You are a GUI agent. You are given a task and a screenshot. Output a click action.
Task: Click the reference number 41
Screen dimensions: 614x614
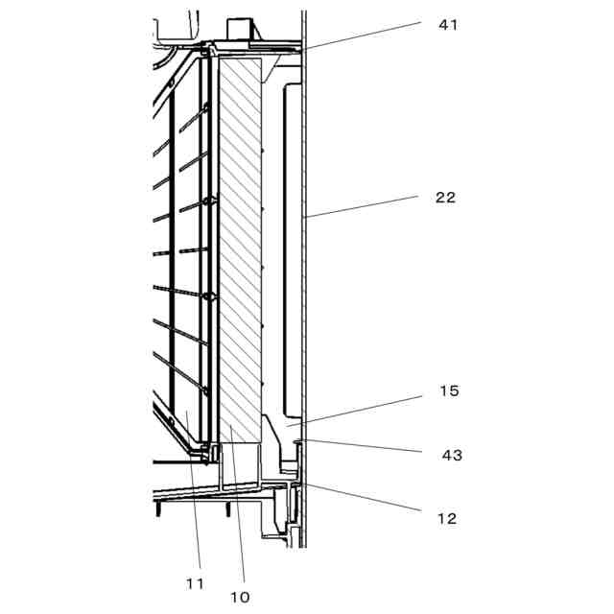[x=447, y=24]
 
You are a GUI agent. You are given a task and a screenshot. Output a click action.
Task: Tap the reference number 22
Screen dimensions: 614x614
[x=444, y=198]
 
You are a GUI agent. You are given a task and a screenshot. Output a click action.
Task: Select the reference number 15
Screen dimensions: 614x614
[x=448, y=391]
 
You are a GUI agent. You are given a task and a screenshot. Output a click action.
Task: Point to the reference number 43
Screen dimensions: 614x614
[x=451, y=455]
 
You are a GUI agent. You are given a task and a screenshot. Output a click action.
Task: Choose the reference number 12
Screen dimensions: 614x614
[x=446, y=519]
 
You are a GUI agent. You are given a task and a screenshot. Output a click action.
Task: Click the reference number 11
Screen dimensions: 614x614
[x=195, y=581]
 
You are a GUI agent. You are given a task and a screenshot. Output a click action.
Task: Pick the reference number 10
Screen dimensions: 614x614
[x=240, y=597]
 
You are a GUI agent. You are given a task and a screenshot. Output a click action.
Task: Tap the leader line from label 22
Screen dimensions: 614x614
[x=365, y=206]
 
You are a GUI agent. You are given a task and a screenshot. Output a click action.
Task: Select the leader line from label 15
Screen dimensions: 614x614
[x=365, y=407]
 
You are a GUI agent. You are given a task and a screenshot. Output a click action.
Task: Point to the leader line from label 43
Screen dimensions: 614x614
[x=365, y=446]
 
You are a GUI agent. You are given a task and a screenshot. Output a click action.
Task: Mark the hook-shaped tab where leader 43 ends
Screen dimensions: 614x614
[x=297, y=442]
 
